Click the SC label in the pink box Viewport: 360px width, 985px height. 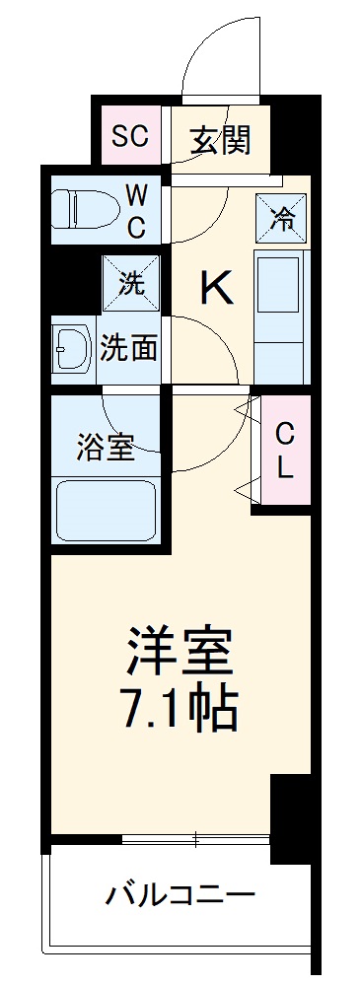tap(129, 136)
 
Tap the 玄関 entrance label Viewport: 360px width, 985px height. tap(220, 139)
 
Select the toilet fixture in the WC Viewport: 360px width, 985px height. tap(79, 207)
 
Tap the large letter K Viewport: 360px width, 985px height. tap(217, 288)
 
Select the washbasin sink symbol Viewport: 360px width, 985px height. tap(75, 349)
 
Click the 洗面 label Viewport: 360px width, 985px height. tap(130, 348)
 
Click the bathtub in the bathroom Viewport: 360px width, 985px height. tap(105, 512)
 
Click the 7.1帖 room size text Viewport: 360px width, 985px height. tap(179, 705)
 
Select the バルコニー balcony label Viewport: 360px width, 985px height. tap(180, 896)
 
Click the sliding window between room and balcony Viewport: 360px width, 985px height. tap(195, 839)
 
